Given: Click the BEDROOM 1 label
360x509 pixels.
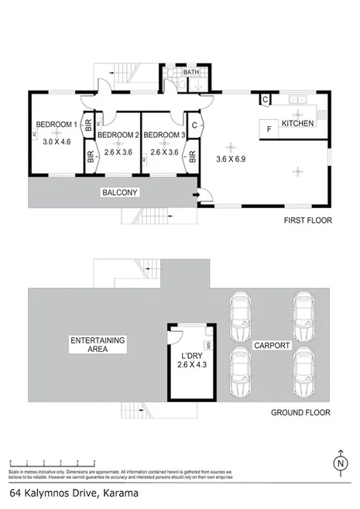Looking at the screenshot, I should pos(57,125).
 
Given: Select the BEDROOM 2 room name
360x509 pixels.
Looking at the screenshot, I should pos(118,135).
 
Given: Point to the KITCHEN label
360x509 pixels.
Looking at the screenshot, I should pos(297,124).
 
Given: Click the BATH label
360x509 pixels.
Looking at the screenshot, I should pos(190,73).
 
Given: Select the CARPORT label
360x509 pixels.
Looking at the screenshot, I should pos(271,345).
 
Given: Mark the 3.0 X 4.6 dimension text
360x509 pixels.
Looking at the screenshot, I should pos(57,142).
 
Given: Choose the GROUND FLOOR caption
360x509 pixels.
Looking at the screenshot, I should pos(300,412).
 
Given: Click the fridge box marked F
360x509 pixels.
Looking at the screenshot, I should pos(268,128).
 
